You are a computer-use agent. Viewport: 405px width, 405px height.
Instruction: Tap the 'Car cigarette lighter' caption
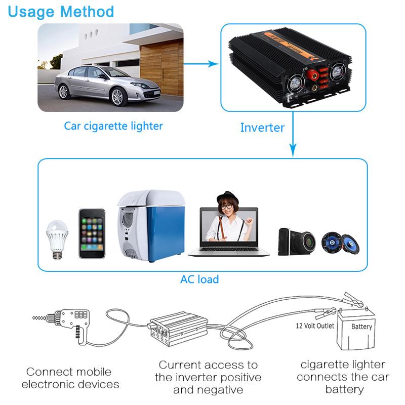coord(113,125)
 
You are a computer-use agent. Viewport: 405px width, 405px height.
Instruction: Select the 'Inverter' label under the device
coord(262,127)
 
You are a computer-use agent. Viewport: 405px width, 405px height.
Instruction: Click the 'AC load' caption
coord(199,279)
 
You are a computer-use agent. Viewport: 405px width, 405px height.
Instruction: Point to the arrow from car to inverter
coord(201,64)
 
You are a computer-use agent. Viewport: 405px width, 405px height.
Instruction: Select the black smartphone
coord(92,233)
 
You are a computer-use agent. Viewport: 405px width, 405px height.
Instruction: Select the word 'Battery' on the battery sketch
coord(361,327)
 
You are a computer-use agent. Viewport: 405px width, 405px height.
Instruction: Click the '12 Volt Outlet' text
coord(315,326)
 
